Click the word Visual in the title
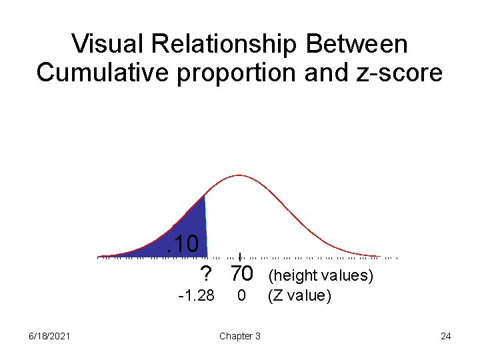(x=107, y=44)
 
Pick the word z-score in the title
(x=401, y=72)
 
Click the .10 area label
(x=183, y=244)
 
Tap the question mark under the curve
(x=207, y=273)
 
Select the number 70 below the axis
(x=241, y=273)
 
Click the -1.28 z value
(x=196, y=295)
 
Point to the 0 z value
(x=242, y=295)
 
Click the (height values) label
(x=320, y=275)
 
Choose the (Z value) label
(x=299, y=295)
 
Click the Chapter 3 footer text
(x=240, y=336)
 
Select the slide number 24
(x=445, y=336)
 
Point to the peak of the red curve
(x=239, y=175)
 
